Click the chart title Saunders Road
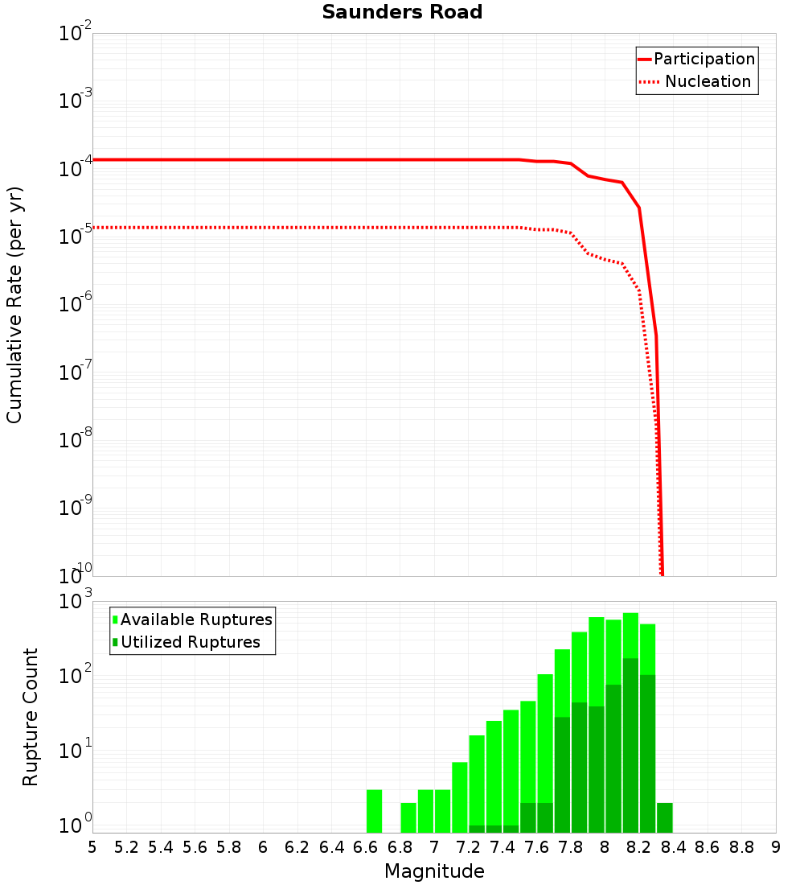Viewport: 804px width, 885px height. tap(402, 13)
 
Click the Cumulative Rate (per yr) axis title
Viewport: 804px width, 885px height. tap(15, 305)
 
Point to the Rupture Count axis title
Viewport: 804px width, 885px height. tap(31, 718)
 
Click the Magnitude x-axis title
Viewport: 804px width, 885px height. tap(434, 871)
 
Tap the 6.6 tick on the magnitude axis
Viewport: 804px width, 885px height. tap(366, 847)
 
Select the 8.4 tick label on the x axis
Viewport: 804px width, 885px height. tap(673, 847)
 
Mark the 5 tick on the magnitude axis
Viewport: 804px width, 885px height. tap(92, 847)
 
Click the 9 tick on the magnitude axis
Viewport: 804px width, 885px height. tap(776, 847)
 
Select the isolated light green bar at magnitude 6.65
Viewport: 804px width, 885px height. tap(374, 811)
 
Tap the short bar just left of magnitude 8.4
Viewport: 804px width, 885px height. tap(664, 817)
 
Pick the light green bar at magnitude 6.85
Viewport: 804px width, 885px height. tap(408, 817)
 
